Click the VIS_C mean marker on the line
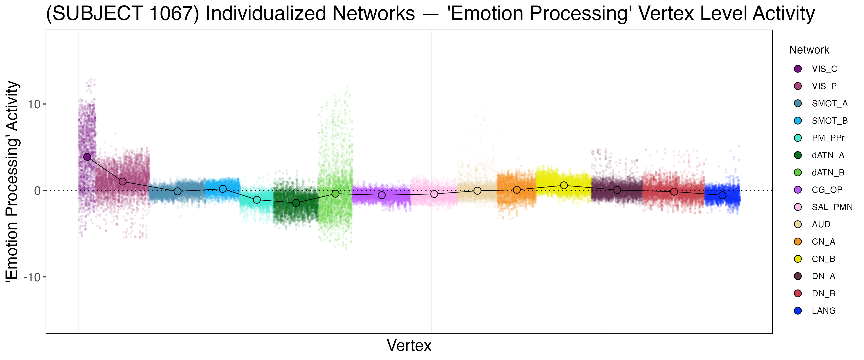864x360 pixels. click(x=87, y=157)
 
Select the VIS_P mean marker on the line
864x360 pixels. click(x=122, y=181)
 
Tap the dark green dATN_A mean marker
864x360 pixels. click(x=296, y=203)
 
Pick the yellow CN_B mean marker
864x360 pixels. click(x=564, y=186)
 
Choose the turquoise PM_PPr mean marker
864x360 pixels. click(x=257, y=200)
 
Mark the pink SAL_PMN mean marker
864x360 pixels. click(x=434, y=194)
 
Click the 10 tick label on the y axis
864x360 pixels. click(x=34, y=104)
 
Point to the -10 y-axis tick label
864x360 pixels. click(x=32, y=277)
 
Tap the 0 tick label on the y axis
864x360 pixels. click(x=37, y=191)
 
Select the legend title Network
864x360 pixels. click(x=809, y=50)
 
